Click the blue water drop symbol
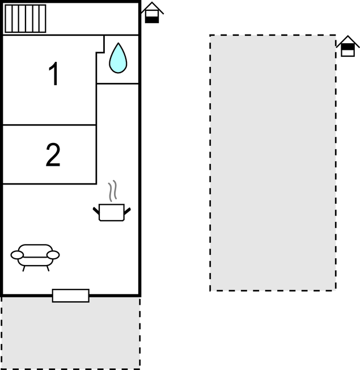coord(118,58)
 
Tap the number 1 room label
coord(54,73)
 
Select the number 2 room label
coord(53,155)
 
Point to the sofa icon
coord(35,258)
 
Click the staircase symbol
coord(26,18)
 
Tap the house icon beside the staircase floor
coord(152,12)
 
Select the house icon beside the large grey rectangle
coord(348,47)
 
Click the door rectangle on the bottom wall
coord(71,296)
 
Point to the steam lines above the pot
coord(113,191)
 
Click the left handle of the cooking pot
coord(96,211)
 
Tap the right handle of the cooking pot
coord(127,211)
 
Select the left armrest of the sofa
coord(17,255)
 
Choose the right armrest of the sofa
coord(53,255)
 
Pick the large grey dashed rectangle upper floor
coord(273,163)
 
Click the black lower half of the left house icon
coord(152,20)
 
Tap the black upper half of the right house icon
coord(348,47)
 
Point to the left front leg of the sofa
coord(24,268)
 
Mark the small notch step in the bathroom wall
coord(100,52)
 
